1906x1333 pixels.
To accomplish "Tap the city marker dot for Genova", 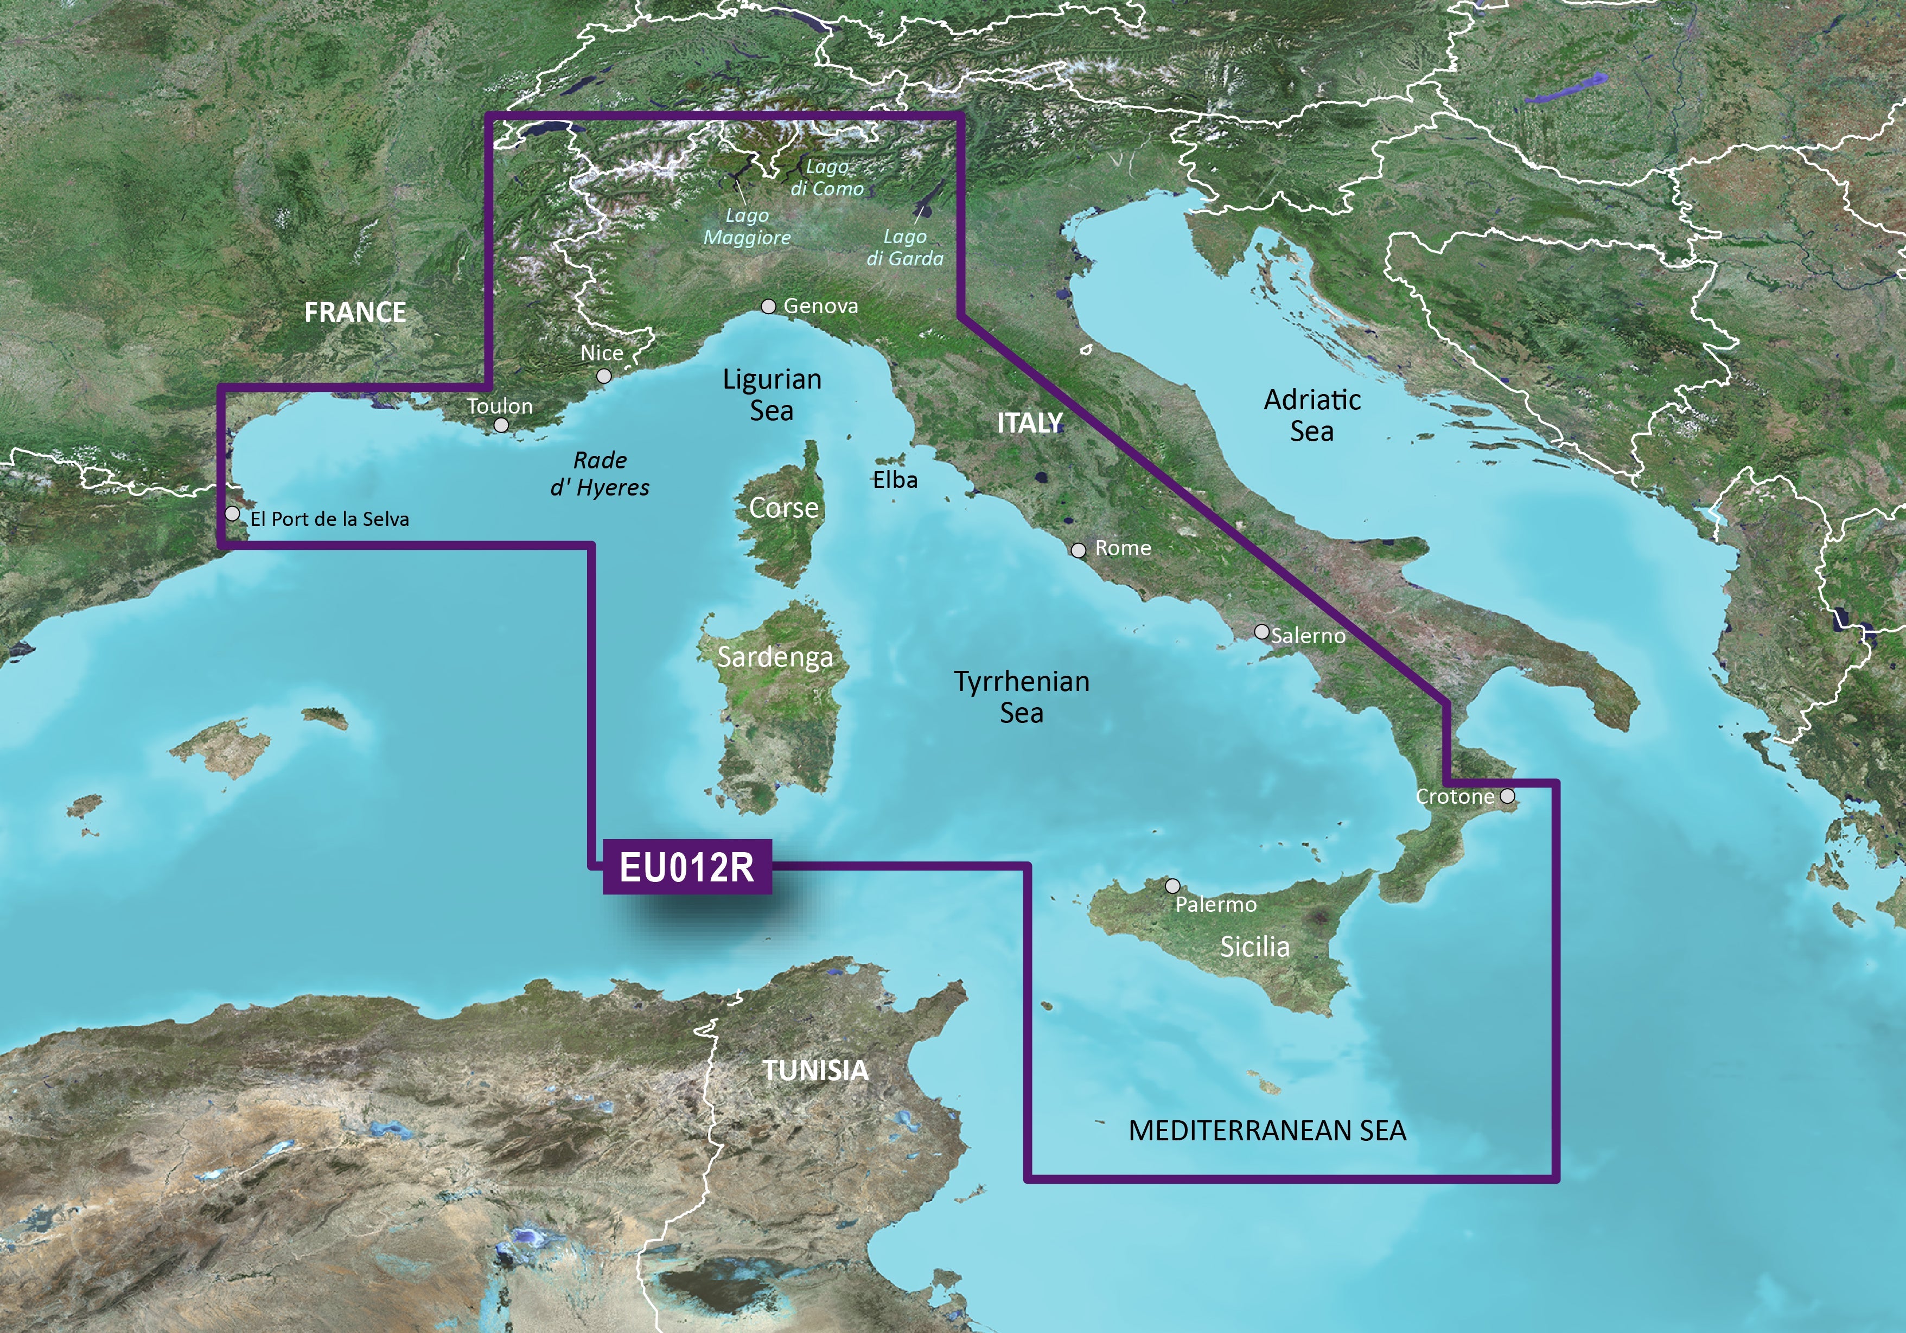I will [x=769, y=307].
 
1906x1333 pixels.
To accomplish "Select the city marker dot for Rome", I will [x=1079, y=550].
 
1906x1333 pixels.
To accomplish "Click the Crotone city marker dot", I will [x=1507, y=796].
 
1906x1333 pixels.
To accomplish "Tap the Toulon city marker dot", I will [x=501, y=425].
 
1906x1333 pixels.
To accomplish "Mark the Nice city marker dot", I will [x=604, y=376].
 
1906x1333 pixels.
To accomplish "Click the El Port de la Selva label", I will [x=329, y=519].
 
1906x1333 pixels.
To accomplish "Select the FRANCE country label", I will [x=355, y=312].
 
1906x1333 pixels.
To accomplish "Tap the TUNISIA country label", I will [x=815, y=1070].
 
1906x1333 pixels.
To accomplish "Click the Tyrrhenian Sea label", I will [x=1021, y=697].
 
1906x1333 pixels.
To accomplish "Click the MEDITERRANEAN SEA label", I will [x=1267, y=1131].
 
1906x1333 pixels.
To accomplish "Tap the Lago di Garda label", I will [x=905, y=247].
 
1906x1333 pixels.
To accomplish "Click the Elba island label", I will [x=895, y=480].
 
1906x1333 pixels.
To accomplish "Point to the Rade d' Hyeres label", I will [x=600, y=473].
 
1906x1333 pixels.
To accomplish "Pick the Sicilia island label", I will [x=1254, y=947].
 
